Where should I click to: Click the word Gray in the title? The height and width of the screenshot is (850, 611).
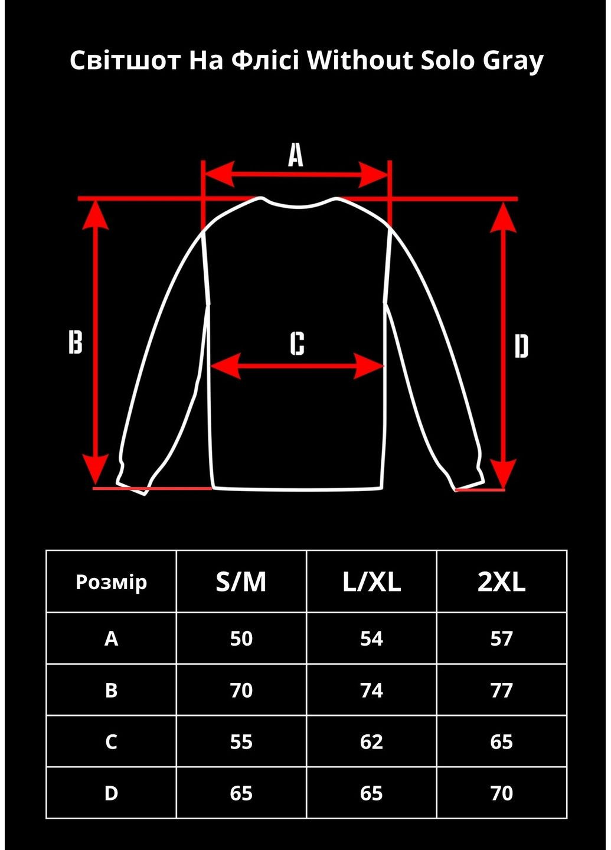click(512, 61)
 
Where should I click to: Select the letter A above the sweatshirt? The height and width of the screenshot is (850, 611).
click(295, 156)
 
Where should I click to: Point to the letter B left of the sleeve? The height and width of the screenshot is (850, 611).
click(76, 342)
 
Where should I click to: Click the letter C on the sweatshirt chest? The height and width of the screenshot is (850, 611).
click(298, 344)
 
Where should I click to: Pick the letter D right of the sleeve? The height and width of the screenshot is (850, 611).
click(521, 346)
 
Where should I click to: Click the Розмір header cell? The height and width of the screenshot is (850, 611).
click(111, 582)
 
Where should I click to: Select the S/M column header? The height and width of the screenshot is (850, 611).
click(241, 582)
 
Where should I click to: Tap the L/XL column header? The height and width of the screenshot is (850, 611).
click(371, 582)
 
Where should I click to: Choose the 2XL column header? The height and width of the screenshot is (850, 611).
click(501, 582)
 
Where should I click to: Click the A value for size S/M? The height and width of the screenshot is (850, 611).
click(241, 639)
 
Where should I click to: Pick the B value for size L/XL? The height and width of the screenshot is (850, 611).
click(371, 690)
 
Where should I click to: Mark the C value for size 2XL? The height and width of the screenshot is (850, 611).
click(501, 742)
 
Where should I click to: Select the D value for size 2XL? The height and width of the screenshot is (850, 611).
click(501, 793)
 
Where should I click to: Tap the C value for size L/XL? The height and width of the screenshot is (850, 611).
click(371, 742)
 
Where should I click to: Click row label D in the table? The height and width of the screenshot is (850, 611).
click(111, 793)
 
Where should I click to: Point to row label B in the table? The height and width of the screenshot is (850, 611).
click(111, 690)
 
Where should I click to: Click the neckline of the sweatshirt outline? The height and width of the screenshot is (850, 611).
click(299, 206)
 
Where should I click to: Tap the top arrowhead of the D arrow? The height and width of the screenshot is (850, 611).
click(503, 218)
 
